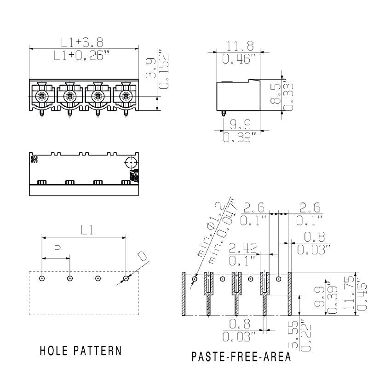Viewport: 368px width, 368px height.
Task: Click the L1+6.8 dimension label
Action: pos(83,42)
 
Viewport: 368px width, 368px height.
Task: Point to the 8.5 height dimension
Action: pos(275,94)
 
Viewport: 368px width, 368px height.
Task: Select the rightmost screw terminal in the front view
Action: pos(125,96)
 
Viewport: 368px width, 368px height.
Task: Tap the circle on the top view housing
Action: pos(131,163)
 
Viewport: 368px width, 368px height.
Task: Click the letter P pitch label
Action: pos(57,250)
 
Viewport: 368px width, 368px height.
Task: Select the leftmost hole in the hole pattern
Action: pos(42,278)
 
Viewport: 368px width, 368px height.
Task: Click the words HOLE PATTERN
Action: pos(81,351)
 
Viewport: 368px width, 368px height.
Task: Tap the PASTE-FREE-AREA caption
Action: pos(241,357)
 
